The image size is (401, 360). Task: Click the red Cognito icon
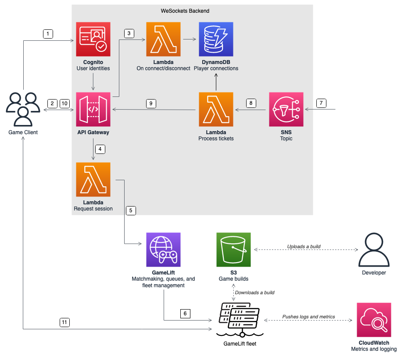point(93,39)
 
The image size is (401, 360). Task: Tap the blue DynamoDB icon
point(216,39)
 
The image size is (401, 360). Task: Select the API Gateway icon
point(93,109)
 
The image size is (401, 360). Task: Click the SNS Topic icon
point(286,109)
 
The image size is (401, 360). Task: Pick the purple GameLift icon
point(163,250)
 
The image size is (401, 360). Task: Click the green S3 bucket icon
point(233,250)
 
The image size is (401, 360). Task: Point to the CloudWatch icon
point(374,320)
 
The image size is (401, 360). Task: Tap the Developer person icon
point(374,250)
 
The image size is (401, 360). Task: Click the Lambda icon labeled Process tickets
point(216,109)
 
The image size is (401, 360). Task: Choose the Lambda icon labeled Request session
point(93,179)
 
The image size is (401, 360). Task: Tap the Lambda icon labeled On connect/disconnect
point(163,39)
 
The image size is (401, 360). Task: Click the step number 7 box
point(321,103)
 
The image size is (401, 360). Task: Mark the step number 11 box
point(64,322)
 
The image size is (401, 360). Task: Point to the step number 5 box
point(130,210)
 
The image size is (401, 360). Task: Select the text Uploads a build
point(304,246)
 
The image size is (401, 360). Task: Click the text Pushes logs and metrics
point(308,317)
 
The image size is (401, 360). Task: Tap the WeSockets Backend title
point(192,10)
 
